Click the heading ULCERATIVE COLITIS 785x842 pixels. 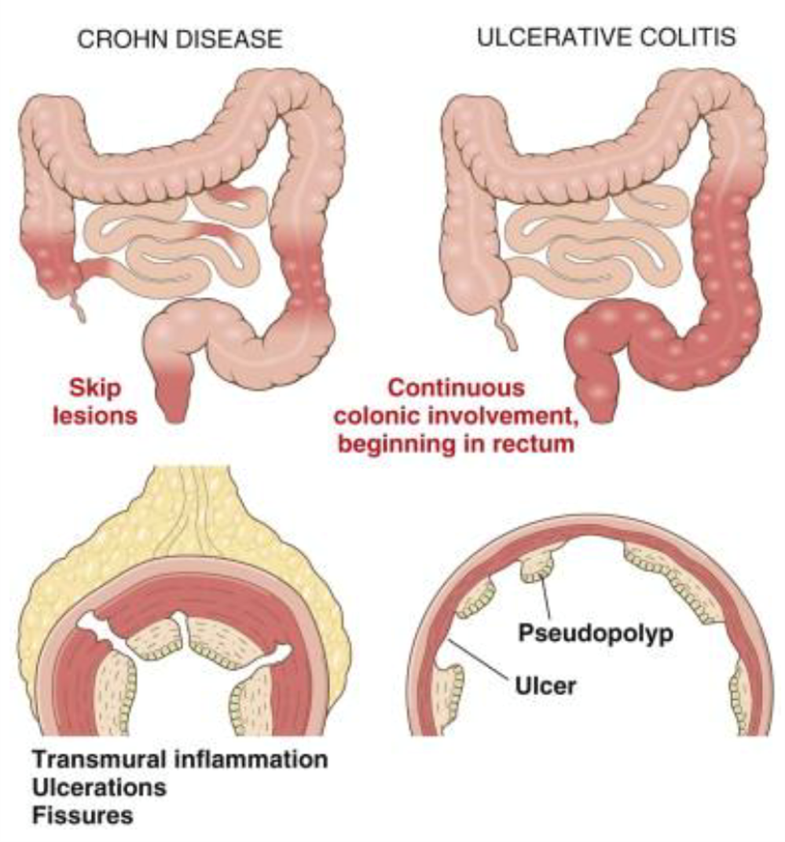point(607,37)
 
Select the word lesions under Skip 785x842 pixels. point(96,415)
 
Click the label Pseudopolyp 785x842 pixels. point(596,632)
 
